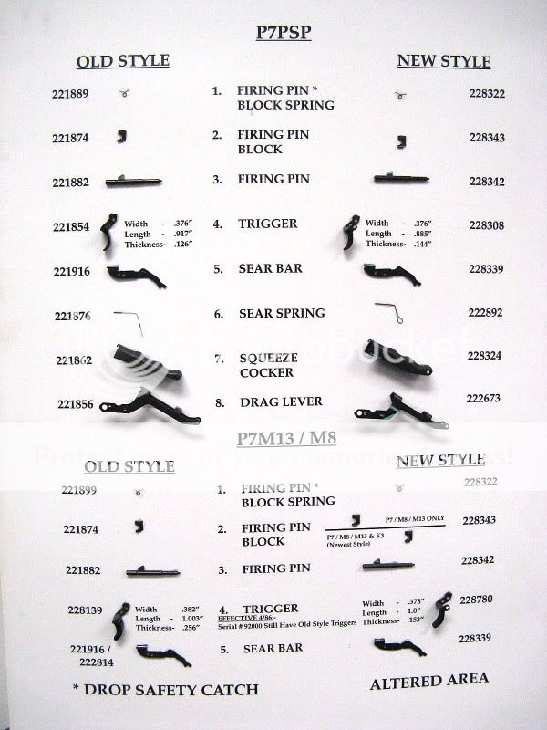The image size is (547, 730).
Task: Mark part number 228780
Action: tap(484, 599)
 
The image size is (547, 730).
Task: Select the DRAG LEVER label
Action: tap(271, 402)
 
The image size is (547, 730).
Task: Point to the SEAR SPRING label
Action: tap(281, 313)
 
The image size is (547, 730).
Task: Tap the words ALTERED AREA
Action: tap(428, 680)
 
